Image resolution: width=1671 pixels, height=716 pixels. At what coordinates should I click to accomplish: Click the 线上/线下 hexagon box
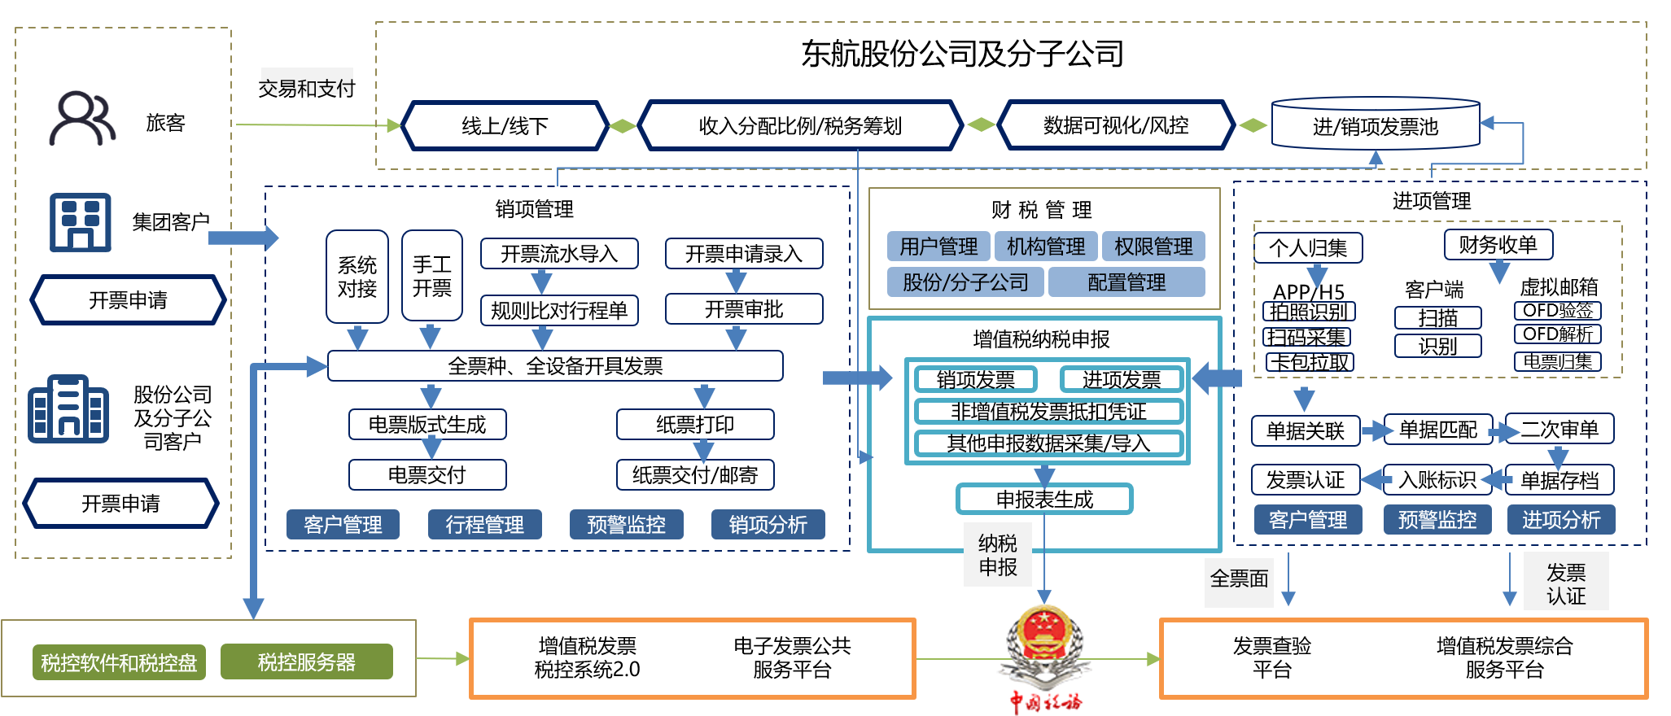click(505, 126)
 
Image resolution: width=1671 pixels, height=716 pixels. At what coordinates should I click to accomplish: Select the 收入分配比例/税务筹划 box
click(800, 126)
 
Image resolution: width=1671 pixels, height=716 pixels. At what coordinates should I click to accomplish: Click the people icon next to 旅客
click(81, 119)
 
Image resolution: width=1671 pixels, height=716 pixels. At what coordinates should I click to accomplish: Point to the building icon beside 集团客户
click(80, 222)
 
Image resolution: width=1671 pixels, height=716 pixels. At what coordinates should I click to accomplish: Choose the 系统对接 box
click(357, 277)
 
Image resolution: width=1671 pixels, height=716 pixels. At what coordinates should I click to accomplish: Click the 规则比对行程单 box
click(559, 310)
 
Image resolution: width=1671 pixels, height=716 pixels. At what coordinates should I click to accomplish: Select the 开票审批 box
click(744, 309)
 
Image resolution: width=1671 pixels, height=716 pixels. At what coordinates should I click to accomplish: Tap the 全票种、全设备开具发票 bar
click(555, 366)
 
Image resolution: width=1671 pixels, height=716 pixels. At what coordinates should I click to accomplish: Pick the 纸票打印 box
click(695, 424)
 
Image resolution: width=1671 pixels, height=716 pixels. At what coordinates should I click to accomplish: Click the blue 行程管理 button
click(484, 525)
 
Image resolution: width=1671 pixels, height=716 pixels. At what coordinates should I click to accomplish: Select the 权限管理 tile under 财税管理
click(1153, 247)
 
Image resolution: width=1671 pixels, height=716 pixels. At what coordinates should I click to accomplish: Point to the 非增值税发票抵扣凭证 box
click(1048, 412)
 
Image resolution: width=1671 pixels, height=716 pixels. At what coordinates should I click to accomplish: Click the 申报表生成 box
click(1044, 499)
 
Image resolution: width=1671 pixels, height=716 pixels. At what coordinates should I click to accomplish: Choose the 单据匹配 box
click(1437, 430)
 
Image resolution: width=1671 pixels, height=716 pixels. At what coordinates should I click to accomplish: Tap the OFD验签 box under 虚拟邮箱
click(1558, 311)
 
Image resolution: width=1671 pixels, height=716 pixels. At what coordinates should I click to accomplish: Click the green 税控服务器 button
click(306, 662)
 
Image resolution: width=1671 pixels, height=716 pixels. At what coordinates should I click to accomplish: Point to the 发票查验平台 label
click(1271, 657)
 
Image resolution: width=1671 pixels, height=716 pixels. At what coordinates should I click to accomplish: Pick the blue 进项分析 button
click(1560, 520)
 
